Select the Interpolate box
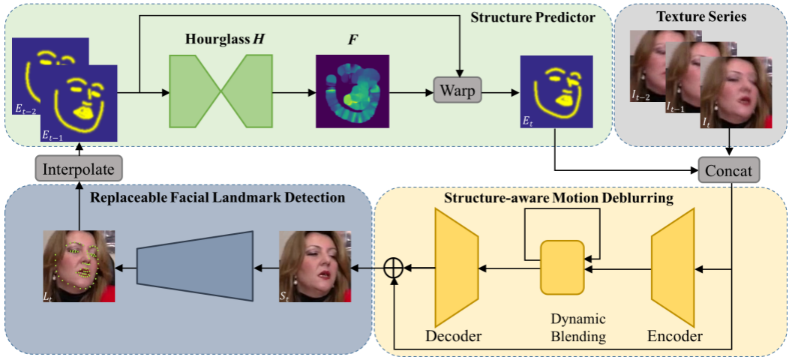78,169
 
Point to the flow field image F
349,93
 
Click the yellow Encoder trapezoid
674,267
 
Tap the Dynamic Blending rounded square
562,267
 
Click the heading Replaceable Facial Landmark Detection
217,198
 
